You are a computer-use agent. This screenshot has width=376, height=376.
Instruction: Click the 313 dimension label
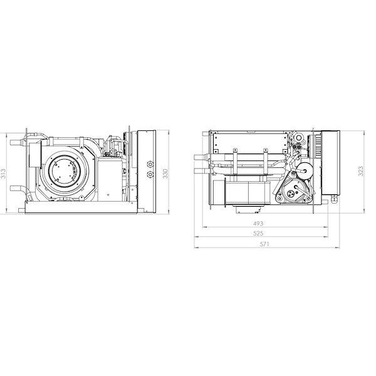pyautogui.click(x=3, y=174)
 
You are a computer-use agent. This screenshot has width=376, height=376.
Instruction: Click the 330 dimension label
pyautogui.click(x=165, y=174)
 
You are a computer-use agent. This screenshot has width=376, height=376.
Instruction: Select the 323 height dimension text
pyautogui.click(x=361, y=171)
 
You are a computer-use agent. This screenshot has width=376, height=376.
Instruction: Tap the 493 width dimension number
pyautogui.click(x=258, y=224)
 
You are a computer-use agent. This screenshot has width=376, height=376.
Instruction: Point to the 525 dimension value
pyautogui.click(x=258, y=233)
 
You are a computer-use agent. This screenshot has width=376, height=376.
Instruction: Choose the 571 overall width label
pyautogui.click(x=264, y=244)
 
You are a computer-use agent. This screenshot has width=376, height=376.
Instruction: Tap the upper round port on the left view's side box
pyautogui.click(x=150, y=164)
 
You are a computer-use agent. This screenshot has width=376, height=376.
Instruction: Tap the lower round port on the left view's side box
pyautogui.click(x=150, y=174)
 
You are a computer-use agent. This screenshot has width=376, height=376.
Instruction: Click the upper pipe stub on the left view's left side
pyautogui.click(x=17, y=143)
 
